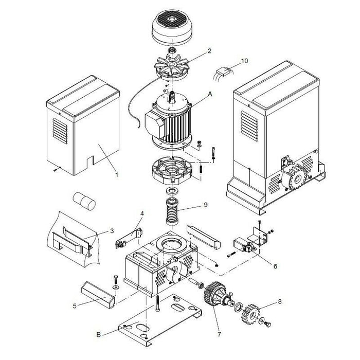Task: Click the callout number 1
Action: click(117, 175)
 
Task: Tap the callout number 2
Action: click(209, 51)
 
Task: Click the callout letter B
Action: click(98, 334)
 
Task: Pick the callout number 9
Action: click(205, 205)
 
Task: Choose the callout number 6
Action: click(275, 266)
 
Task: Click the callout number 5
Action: click(75, 306)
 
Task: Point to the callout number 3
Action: click(112, 231)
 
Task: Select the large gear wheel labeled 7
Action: click(212, 296)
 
